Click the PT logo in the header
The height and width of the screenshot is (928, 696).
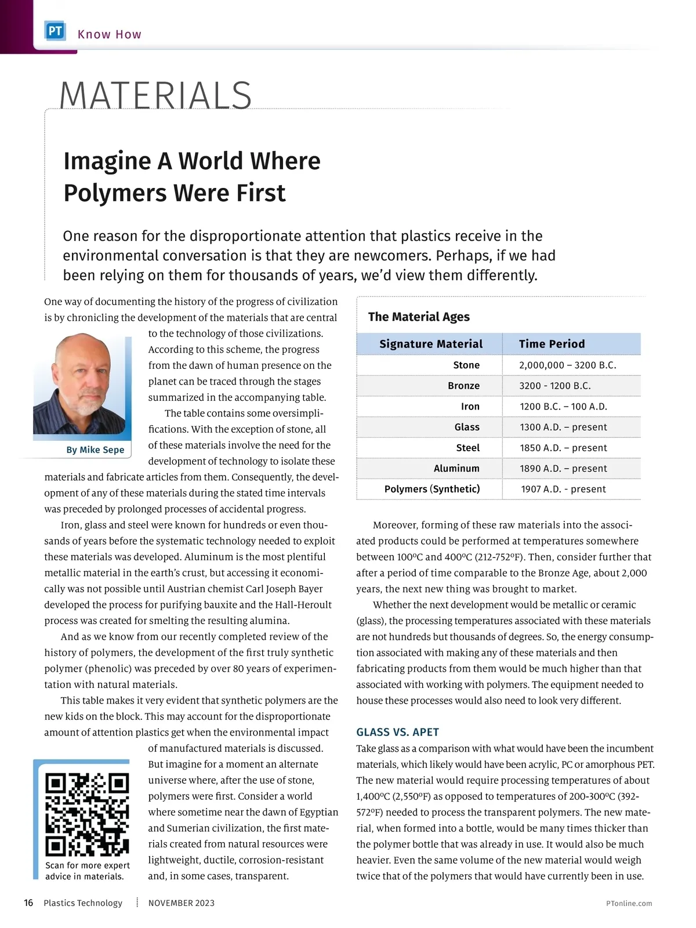55,31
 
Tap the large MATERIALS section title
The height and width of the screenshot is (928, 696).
155,95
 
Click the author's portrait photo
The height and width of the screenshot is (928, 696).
79,384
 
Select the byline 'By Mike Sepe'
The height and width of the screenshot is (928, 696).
95,449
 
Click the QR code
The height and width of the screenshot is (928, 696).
87,814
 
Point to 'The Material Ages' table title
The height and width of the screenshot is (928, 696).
419,317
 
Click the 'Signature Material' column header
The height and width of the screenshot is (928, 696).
430,344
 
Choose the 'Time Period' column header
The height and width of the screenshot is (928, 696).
552,344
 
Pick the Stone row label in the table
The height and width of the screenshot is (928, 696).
466,365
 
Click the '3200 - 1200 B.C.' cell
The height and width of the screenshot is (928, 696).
555,386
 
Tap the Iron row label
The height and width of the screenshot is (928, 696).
470,407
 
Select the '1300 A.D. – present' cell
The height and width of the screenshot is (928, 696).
563,427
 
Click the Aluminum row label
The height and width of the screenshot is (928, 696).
456,469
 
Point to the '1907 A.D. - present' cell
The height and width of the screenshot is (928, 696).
563,489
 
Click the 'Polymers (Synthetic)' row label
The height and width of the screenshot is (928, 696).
432,489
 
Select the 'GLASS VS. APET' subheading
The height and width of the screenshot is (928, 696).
397,732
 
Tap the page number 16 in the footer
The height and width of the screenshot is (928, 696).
28,903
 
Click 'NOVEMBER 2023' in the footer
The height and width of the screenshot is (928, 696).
182,903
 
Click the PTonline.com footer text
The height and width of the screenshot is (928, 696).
629,903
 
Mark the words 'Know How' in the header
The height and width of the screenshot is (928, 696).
109,34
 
